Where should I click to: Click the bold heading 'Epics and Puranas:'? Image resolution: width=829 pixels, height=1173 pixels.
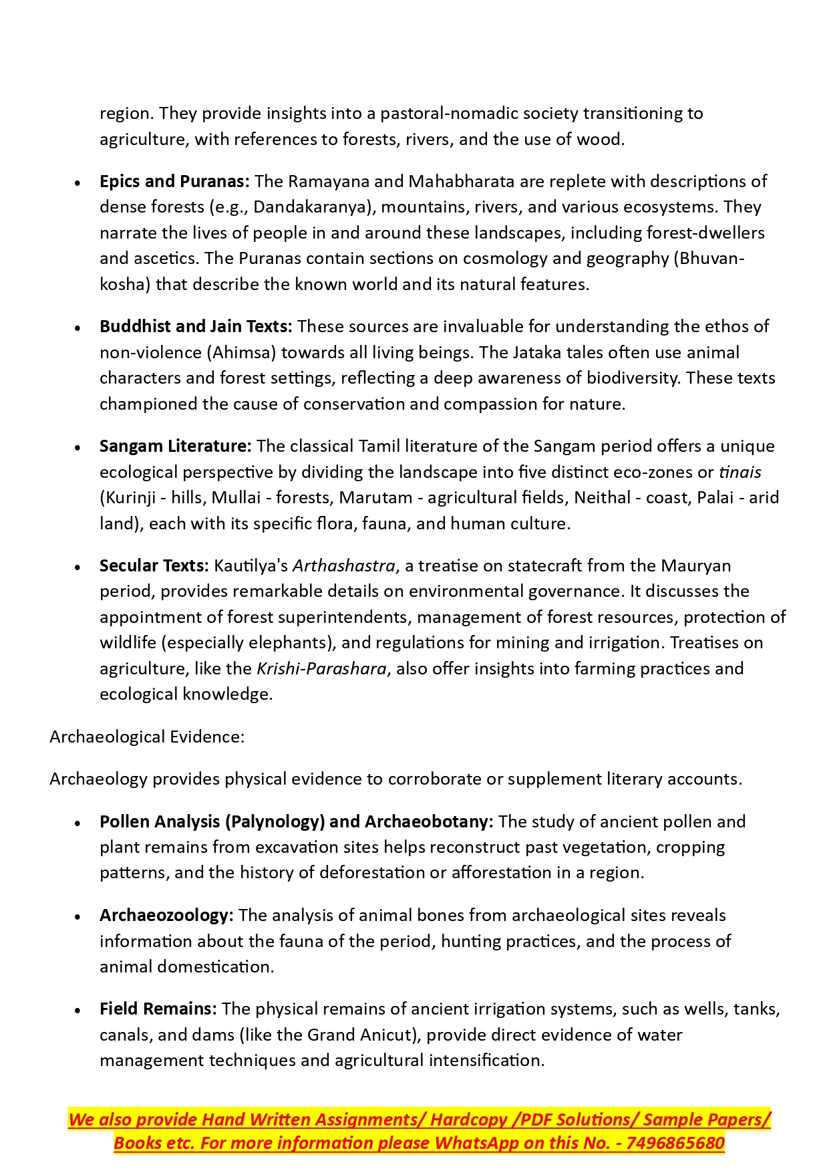[x=174, y=181]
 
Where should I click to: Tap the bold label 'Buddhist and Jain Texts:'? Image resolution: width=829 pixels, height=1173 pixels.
[x=196, y=326]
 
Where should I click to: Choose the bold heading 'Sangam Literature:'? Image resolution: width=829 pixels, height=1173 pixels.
[x=175, y=446]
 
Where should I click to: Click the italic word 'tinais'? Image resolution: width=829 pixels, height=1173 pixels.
[x=739, y=472]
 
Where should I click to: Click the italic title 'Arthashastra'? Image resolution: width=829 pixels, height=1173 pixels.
[x=344, y=565]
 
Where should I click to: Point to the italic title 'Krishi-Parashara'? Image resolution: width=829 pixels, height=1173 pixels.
[x=321, y=668]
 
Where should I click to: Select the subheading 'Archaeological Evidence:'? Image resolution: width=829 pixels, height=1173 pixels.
[x=147, y=737]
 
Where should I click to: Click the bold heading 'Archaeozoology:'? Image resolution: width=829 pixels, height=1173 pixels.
[x=166, y=915]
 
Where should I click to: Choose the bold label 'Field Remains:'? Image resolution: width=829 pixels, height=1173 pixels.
[x=158, y=1009]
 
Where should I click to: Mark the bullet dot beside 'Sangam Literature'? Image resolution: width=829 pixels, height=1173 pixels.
[x=78, y=447]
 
